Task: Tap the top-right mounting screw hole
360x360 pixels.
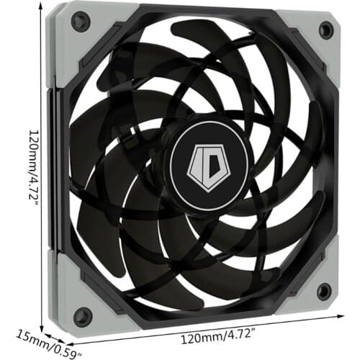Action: pyautogui.click(x=325, y=30)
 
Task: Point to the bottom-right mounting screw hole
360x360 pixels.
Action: pyautogui.click(x=324, y=291)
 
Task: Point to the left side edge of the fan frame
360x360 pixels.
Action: pyautogui.click(x=50, y=173)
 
